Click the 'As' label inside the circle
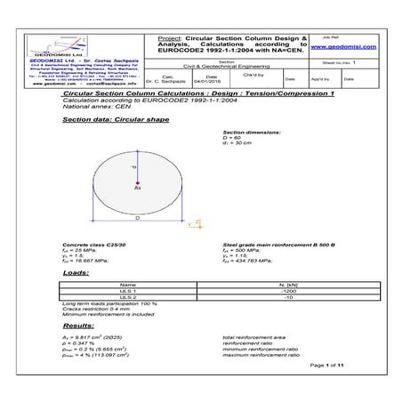[137, 189]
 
